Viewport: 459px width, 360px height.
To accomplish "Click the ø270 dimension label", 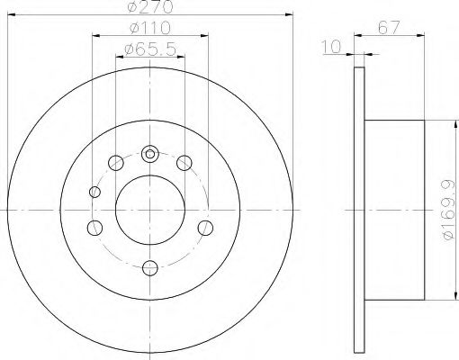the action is (150, 6).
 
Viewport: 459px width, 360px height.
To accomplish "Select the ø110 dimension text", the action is (150, 28).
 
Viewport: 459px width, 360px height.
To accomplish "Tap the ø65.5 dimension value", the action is (150, 49).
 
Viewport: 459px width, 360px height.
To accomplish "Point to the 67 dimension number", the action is (389, 28).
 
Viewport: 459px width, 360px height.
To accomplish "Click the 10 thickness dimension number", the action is (331, 47).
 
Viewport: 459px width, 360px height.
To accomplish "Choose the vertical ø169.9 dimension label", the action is (449, 210).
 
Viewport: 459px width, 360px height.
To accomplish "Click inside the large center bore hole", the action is (150, 210).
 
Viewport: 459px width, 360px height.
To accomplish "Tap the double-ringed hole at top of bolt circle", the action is (149, 154).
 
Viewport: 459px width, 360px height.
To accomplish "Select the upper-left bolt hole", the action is (116, 163).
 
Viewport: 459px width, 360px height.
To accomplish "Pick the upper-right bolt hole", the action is (184, 163).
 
